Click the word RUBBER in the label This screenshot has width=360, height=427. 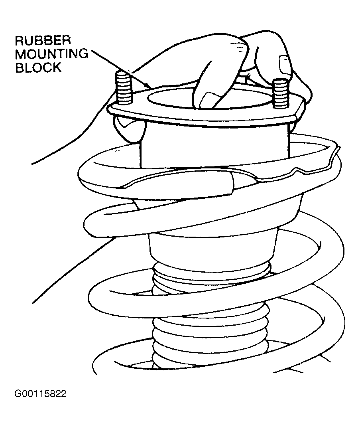[43, 41]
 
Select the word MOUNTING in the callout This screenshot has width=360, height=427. [52, 54]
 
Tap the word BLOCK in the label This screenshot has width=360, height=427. [38, 67]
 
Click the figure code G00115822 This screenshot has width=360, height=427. [41, 394]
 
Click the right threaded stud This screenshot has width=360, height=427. [280, 93]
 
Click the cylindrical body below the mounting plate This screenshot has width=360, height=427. [214, 146]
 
